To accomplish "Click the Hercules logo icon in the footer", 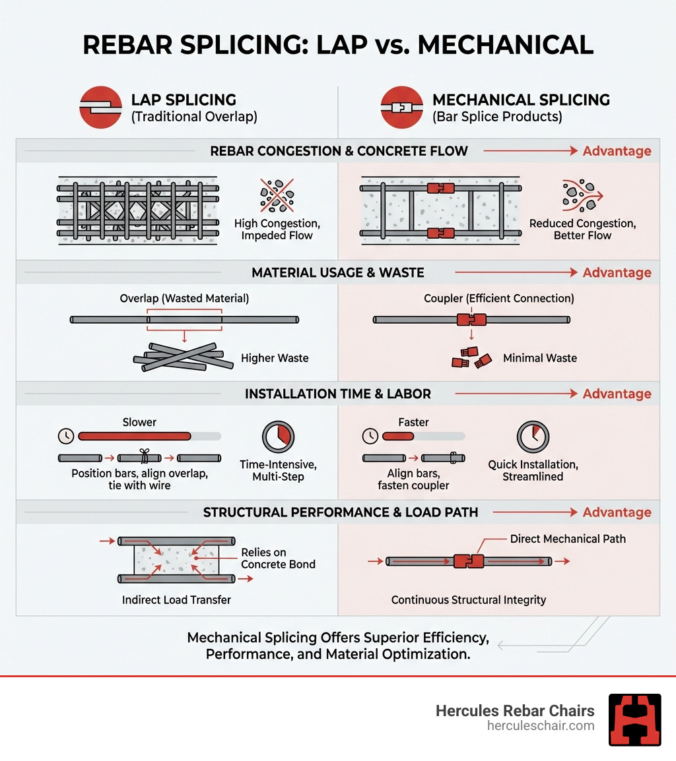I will coord(634,719).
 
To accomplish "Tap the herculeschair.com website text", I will coord(541,725).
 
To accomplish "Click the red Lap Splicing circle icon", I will coord(100,107).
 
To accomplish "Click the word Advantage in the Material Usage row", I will coord(617,272).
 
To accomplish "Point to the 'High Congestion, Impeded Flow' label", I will coord(277,229).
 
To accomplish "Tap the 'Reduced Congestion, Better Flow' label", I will coord(582,229).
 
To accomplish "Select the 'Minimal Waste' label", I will coord(540,358).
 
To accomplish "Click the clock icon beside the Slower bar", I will coord(65,436).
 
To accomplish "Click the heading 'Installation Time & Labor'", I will coord(337,394).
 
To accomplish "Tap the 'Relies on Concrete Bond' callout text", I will coord(278,558).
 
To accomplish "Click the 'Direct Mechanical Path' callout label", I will coord(568,539).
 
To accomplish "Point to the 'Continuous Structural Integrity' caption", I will coord(469,600).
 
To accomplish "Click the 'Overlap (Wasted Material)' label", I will coord(184,299).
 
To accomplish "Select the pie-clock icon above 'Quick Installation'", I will coord(533,437).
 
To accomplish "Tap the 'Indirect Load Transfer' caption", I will coord(176,600).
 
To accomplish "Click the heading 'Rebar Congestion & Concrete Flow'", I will coord(339,151).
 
